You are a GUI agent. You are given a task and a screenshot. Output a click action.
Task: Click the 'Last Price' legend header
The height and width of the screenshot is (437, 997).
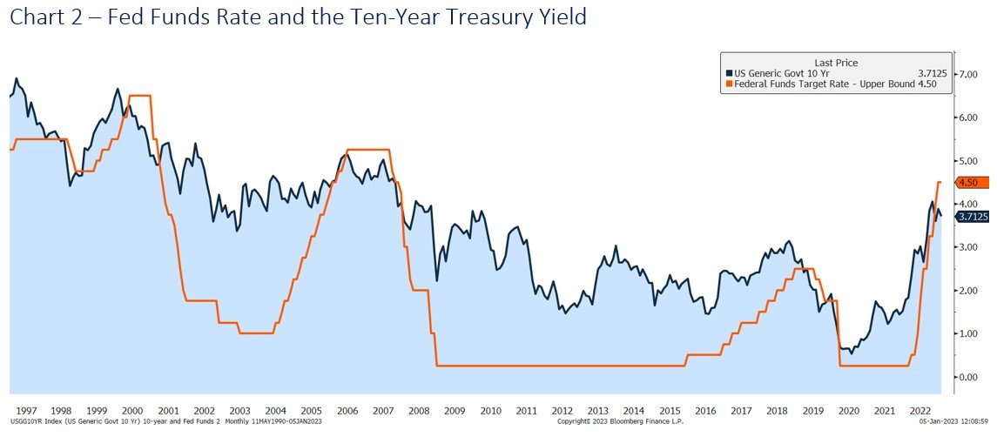click(x=836, y=63)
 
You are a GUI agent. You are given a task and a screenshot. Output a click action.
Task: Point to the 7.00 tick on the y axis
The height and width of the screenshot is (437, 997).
click(x=968, y=75)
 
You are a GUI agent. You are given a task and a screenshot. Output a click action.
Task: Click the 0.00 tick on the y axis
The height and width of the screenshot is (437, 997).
click(x=968, y=377)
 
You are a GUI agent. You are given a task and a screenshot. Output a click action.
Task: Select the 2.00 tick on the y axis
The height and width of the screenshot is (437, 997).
click(x=968, y=291)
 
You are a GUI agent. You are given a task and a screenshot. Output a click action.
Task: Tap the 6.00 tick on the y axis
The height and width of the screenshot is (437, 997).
click(x=968, y=118)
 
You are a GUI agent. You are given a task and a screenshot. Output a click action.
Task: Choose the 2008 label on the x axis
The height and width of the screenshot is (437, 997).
click(x=418, y=410)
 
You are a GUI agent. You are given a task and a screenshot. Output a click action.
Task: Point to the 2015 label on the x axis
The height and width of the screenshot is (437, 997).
click(x=669, y=410)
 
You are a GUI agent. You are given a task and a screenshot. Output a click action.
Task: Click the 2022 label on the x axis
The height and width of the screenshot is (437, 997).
click(x=920, y=410)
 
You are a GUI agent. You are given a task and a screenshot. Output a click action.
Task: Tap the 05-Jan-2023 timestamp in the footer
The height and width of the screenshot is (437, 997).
click(x=951, y=421)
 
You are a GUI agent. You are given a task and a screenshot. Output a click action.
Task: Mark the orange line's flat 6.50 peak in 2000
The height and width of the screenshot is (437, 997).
click(x=139, y=96)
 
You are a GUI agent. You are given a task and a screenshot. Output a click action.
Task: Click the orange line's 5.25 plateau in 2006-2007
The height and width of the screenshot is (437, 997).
click(x=367, y=151)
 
